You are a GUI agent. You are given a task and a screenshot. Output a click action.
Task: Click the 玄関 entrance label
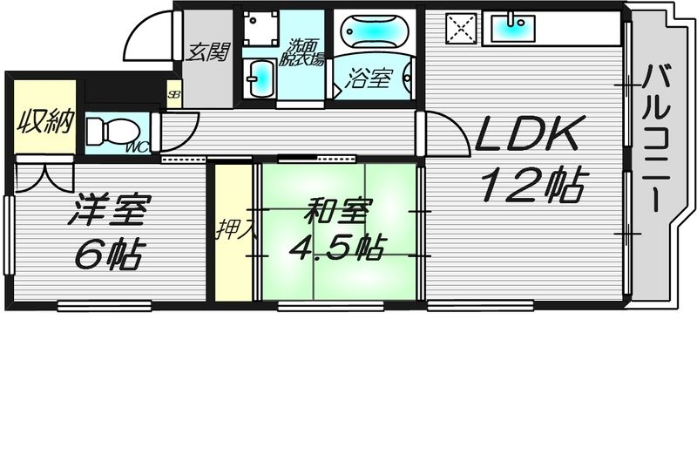click(x=207, y=52)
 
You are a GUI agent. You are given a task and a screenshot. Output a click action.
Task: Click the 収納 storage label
click(x=44, y=121)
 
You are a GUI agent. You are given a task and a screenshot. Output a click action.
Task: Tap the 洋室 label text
click(x=111, y=212)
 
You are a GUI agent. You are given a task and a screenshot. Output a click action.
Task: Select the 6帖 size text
click(x=108, y=254)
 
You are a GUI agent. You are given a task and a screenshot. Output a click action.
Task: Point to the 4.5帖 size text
click(x=336, y=248)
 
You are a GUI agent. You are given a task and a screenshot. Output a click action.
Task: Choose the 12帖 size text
click(x=531, y=184)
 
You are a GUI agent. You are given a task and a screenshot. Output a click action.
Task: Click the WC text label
click(x=138, y=146)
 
